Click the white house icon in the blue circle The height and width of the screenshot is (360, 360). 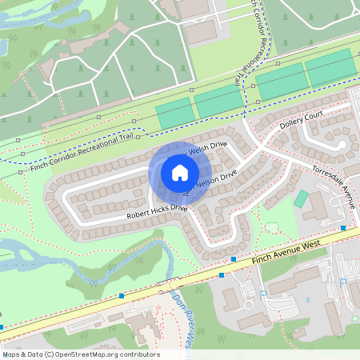180,173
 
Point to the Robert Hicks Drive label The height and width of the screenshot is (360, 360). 156,212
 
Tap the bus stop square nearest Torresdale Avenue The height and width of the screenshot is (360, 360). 343,229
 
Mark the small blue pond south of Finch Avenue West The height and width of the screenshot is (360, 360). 307,301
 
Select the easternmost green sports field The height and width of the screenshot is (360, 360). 330,67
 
